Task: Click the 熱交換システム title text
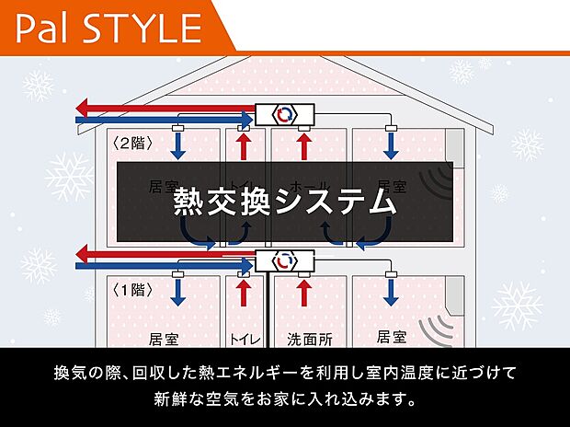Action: [284, 202]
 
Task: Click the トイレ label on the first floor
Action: [244, 340]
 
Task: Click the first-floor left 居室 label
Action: [163, 339]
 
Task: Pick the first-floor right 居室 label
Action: [392, 337]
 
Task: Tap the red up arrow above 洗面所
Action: [304, 293]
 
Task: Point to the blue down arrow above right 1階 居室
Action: [390, 293]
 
